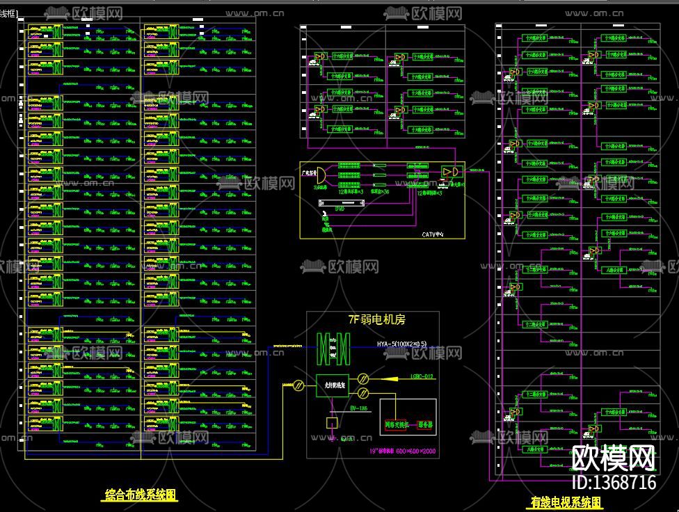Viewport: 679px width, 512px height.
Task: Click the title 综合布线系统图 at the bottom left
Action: [141, 495]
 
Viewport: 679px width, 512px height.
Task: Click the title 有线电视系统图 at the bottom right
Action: [566, 502]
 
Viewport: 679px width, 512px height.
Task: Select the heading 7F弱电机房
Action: [376, 320]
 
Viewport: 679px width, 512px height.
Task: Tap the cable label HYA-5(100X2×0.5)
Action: [402, 344]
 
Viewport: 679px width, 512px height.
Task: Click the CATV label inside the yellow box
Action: [432, 234]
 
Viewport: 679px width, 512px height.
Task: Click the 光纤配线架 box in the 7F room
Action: [333, 385]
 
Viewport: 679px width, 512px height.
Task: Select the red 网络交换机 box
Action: [394, 424]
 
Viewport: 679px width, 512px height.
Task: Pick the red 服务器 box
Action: [424, 424]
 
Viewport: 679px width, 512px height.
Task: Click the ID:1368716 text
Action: [613, 482]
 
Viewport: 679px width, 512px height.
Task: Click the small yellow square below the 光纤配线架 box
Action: [332, 422]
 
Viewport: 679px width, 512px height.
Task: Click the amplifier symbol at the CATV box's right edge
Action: [449, 172]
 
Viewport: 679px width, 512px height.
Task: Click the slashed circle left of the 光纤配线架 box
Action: [298, 385]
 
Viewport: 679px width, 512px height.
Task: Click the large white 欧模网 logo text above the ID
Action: [613, 458]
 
